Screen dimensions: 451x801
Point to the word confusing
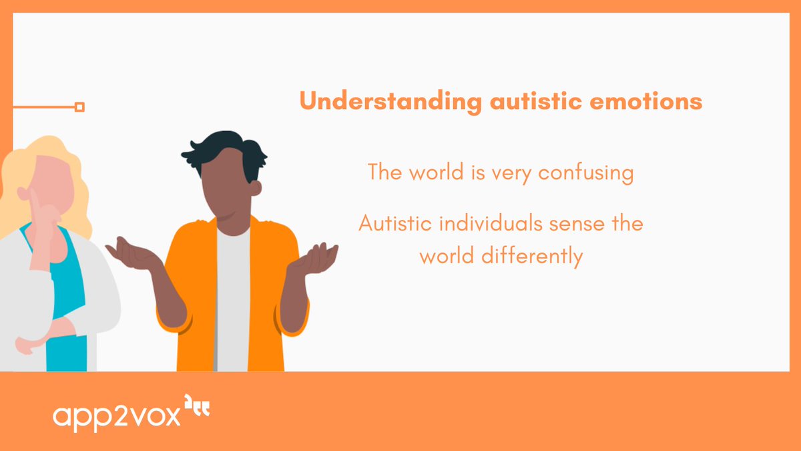point(585,173)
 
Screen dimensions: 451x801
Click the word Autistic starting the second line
point(393,223)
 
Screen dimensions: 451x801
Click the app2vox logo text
point(116,416)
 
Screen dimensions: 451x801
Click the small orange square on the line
point(79,107)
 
